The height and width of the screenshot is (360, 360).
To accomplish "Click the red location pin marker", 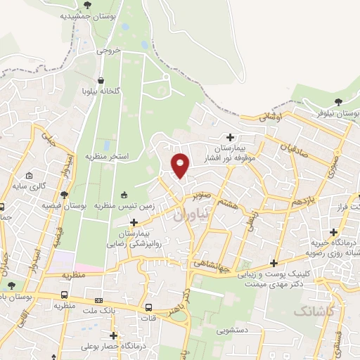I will (x=181, y=165).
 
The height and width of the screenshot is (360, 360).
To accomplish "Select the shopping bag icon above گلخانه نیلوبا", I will (x=103, y=80).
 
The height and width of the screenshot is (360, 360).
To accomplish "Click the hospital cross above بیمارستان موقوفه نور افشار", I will (x=230, y=136).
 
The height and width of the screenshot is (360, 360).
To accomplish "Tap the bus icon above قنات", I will (x=148, y=307).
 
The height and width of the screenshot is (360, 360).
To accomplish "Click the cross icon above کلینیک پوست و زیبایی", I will (x=273, y=263).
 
